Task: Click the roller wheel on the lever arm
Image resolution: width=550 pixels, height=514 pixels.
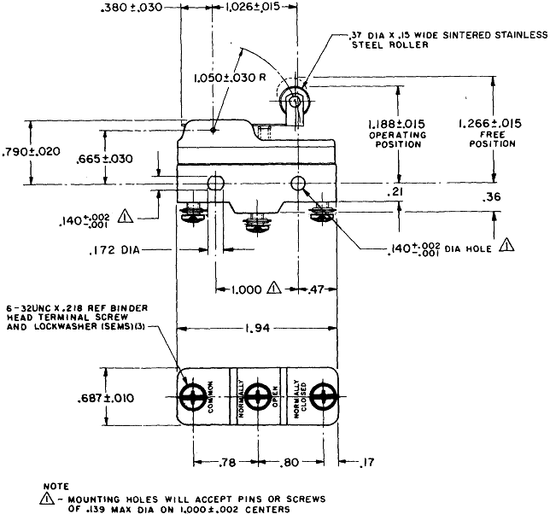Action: (x=295, y=101)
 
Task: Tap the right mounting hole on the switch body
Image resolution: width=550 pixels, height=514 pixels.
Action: (x=299, y=184)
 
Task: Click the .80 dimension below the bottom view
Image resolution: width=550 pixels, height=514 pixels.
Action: (x=291, y=462)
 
